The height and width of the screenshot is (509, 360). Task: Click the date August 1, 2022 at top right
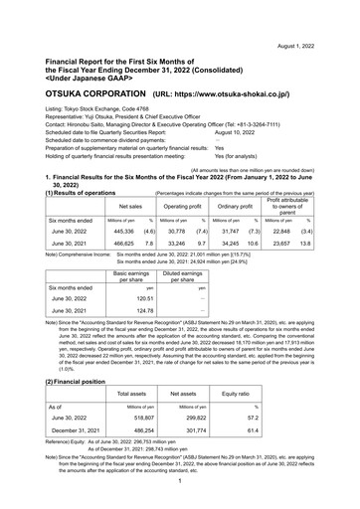(321, 18)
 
